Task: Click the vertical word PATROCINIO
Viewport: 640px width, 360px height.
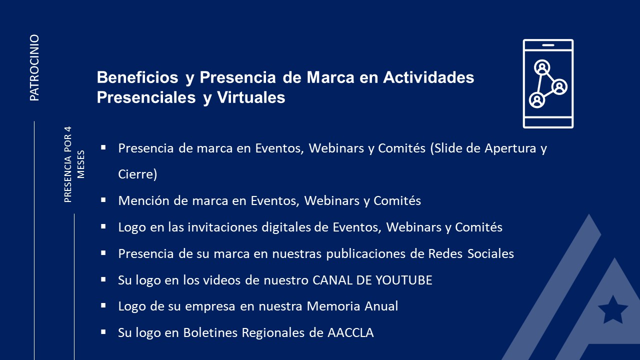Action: [x=34, y=67]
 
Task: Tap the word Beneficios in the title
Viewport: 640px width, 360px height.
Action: [x=137, y=77]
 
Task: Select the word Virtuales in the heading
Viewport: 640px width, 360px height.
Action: [x=251, y=97]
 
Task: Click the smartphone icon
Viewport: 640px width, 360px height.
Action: [x=548, y=83]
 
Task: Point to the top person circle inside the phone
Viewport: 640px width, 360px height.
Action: [x=541, y=67]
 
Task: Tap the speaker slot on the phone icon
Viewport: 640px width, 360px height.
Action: [x=548, y=45]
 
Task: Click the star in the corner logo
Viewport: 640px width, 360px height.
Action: [x=612, y=310]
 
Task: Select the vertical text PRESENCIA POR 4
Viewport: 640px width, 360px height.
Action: [x=67, y=164]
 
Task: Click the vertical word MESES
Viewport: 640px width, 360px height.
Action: [x=81, y=164]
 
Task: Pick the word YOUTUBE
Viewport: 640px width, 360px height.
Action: [x=403, y=280]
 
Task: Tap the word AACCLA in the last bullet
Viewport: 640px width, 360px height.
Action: [x=350, y=332]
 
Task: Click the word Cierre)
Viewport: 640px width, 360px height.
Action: [x=137, y=174]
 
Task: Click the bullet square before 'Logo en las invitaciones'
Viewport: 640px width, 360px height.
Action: [x=103, y=226]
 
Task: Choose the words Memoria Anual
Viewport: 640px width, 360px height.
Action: [x=352, y=306]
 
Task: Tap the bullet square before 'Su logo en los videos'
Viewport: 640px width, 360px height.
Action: [x=103, y=279]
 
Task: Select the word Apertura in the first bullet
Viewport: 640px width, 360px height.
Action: [x=510, y=148]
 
